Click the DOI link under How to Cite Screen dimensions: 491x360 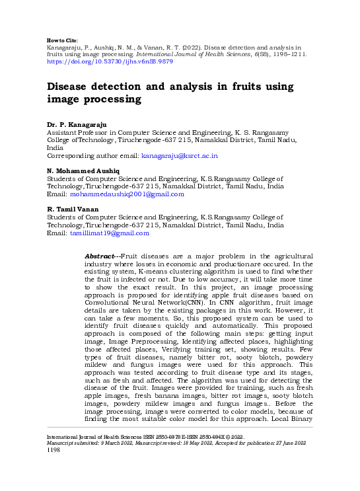click(110, 61)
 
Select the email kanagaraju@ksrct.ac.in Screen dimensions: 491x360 click(180, 155)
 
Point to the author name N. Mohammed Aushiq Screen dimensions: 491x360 click(83, 170)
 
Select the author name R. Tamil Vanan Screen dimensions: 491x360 click(74, 209)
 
